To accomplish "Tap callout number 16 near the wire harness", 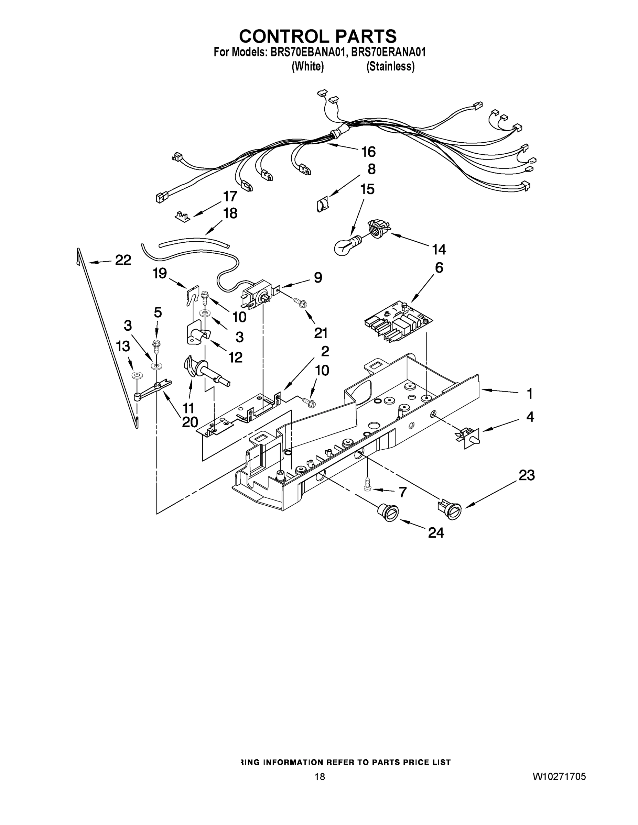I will click(x=368, y=152).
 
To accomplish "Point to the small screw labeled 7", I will click(x=366, y=485).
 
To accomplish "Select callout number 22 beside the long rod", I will click(x=123, y=260).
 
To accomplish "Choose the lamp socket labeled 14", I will click(x=378, y=229).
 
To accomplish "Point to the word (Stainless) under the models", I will click(x=390, y=66).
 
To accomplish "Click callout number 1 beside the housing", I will click(x=530, y=394).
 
